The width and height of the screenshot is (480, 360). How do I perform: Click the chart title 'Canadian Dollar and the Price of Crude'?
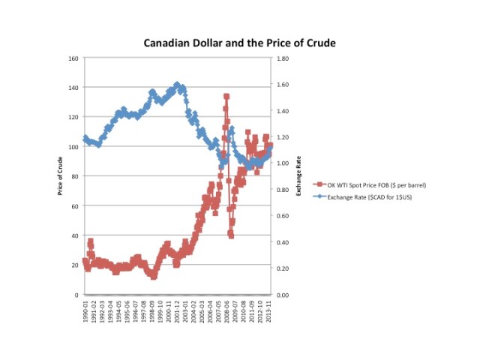coord(239,43)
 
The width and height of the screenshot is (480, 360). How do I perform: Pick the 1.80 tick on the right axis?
coord(283,58)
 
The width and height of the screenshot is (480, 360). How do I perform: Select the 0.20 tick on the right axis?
coord(283,268)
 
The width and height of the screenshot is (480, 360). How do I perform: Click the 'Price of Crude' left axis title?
coord(60,177)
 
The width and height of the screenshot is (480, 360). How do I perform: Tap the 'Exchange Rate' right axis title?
coord(298,177)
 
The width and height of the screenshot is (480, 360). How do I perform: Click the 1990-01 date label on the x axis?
coord(85,310)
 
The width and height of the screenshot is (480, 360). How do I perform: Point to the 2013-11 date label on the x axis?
coord(270,310)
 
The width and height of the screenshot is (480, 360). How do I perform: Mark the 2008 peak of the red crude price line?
coord(226,97)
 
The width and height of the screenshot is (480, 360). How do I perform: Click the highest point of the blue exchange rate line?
coord(177,84)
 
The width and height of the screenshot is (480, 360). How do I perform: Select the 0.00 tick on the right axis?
coord(283,295)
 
